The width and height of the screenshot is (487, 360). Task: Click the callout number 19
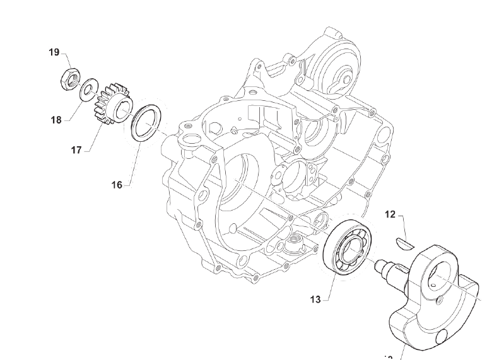(x=55, y=52)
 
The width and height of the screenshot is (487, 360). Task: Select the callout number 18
(x=56, y=119)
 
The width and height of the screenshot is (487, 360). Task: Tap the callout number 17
(x=76, y=150)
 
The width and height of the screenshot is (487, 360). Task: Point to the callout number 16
(x=117, y=185)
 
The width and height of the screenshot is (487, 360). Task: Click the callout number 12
(x=390, y=215)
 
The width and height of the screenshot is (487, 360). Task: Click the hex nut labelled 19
(x=70, y=79)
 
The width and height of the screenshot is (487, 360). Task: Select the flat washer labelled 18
(x=89, y=87)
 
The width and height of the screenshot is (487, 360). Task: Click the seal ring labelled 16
(x=147, y=122)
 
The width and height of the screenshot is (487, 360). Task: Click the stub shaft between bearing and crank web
(x=386, y=269)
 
